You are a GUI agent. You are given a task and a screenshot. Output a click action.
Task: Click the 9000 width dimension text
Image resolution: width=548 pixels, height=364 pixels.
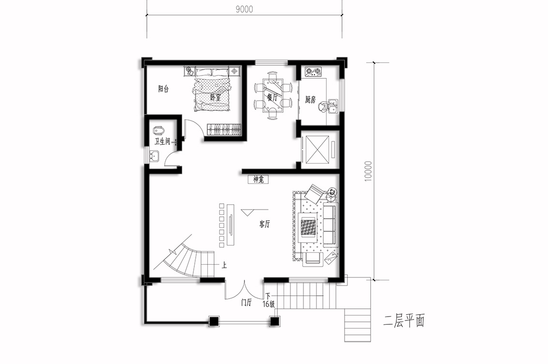tap(244, 9)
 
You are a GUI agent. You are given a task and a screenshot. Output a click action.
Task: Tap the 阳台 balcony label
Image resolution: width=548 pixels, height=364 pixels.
tap(163, 89)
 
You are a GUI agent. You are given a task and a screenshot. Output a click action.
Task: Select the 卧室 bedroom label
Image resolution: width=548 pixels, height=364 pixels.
tap(216, 97)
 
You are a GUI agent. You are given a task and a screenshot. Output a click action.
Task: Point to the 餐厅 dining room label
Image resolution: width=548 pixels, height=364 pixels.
tap(272, 98)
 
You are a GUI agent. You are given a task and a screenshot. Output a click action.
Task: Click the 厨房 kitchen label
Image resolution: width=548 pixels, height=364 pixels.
tap(310, 100)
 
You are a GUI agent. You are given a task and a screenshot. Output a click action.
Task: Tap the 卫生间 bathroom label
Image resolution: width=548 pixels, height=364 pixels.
tap(162, 141)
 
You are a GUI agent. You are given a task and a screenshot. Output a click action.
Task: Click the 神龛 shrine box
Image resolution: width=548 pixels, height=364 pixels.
tap(258, 180)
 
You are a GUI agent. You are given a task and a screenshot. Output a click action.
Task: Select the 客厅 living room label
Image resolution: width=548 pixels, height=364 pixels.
tap(265, 224)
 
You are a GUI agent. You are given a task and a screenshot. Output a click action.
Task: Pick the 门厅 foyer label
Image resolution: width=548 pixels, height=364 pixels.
tap(246, 303)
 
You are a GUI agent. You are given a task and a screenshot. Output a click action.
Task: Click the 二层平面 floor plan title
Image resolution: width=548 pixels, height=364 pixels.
tap(404, 321)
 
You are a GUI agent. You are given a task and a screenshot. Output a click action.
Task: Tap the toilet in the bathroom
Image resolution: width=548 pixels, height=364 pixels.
tap(158, 131)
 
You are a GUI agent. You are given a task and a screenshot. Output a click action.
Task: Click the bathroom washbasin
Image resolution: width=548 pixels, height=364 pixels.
tap(154, 156)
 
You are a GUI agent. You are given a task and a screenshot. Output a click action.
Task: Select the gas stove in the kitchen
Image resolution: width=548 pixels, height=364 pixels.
tap(314, 72)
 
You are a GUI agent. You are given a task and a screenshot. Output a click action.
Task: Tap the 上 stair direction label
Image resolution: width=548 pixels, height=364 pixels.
tap(224, 265)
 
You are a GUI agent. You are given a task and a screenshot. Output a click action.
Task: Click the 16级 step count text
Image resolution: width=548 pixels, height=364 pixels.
tap(268, 304)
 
